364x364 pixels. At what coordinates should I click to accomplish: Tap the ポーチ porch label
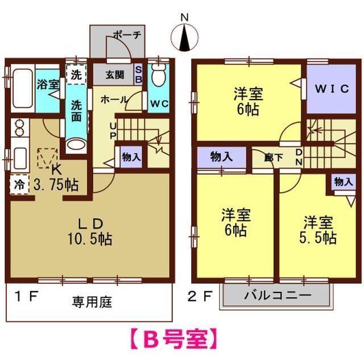pyautogui.click(x=127, y=35)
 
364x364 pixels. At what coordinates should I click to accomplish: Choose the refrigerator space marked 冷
pyautogui.click(x=19, y=184)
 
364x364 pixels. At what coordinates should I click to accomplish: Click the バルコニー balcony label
pyautogui.click(x=278, y=296)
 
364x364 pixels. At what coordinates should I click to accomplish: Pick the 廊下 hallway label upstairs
pyautogui.click(x=274, y=158)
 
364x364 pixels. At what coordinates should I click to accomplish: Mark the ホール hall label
pyautogui.click(x=114, y=99)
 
